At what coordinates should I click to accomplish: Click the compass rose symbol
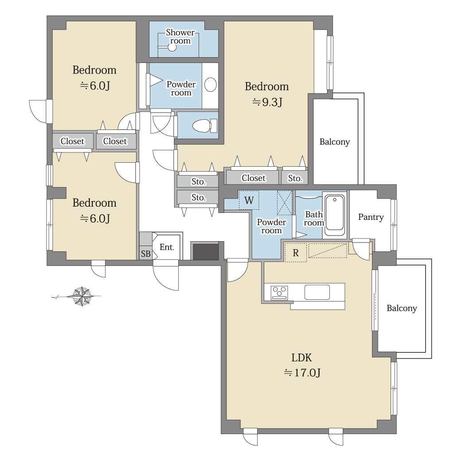pyautogui.click(x=82, y=296)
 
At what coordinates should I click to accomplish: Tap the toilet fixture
pyautogui.click(x=205, y=126)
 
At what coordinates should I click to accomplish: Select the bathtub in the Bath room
pyautogui.click(x=335, y=215)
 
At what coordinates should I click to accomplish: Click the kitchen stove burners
pyautogui.click(x=279, y=293)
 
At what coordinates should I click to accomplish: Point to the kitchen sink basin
pyautogui.click(x=317, y=292)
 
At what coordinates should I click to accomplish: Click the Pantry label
pyautogui.click(x=371, y=217)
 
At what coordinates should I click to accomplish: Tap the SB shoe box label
pyautogui.click(x=145, y=254)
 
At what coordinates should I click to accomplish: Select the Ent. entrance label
pyautogui.click(x=167, y=247)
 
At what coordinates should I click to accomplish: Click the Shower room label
pyautogui.click(x=180, y=36)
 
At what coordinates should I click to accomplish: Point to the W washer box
pyautogui.click(x=249, y=200)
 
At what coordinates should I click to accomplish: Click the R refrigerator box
pyautogui.click(x=296, y=253)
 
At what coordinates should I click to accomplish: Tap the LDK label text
pyautogui.click(x=301, y=357)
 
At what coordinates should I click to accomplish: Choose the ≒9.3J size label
pyautogui.click(x=267, y=102)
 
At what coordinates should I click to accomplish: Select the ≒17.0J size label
pyautogui.click(x=302, y=373)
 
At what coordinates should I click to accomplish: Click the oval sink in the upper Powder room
pyautogui.click(x=210, y=85)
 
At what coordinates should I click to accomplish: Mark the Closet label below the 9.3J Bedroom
pyautogui.click(x=254, y=178)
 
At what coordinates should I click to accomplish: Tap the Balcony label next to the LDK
pyautogui.click(x=402, y=308)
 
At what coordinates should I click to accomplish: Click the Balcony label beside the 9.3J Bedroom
pyautogui.click(x=335, y=142)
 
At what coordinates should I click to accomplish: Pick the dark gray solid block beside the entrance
pyautogui.click(x=205, y=252)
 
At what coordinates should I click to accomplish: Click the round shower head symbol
pyautogui.click(x=172, y=47)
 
